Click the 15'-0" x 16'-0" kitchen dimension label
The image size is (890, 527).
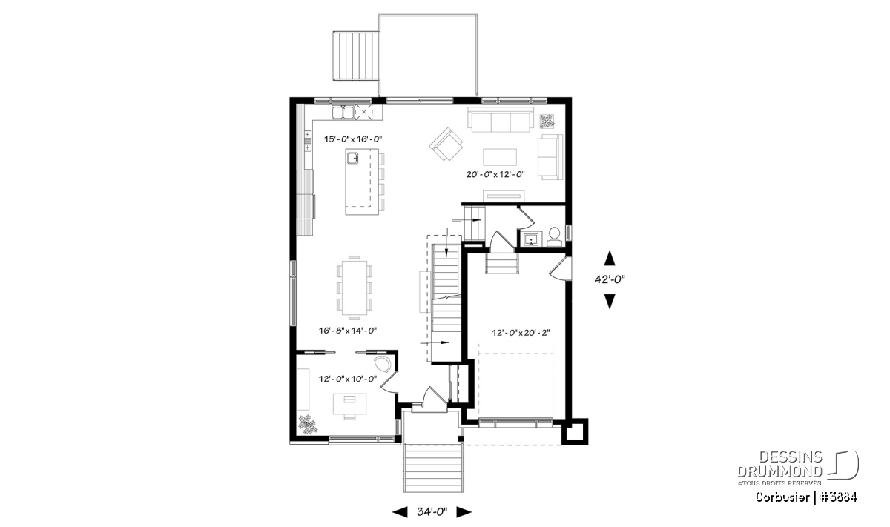[x=353, y=139]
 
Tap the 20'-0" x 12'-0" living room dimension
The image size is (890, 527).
[x=495, y=174]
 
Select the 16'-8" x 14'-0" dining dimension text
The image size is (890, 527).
[x=348, y=330]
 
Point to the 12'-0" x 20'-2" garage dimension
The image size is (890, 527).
[x=521, y=333]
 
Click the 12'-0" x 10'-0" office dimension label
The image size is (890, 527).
[x=348, y=379]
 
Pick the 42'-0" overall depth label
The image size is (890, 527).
[x=610, y=279]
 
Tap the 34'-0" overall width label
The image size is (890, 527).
[x=432, y=512]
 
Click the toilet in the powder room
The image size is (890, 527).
[x=554, y=236]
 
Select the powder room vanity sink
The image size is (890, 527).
[x=530, y=239]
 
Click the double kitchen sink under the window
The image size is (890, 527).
[x=343, y=113]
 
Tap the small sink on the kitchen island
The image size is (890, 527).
[x=352, y=159]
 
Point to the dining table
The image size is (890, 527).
[x=355, y=288]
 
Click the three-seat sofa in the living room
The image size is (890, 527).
[x=500, y=119]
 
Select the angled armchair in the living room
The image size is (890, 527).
[x=446, y=144]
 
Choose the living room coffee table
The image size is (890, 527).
[x=500, y=157]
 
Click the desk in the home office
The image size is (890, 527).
[x=349, y=403]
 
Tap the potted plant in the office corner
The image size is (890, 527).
[x=307, y=424]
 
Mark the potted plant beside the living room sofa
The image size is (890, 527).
[x=547, y=122]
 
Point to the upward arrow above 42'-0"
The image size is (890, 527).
[x=610, y=258]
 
